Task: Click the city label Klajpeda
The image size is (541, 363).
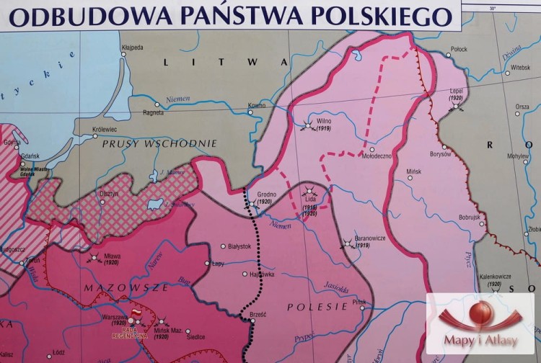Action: [153, 48]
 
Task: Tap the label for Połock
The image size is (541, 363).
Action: [459, 49]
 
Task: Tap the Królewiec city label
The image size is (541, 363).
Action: [105, 130]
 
